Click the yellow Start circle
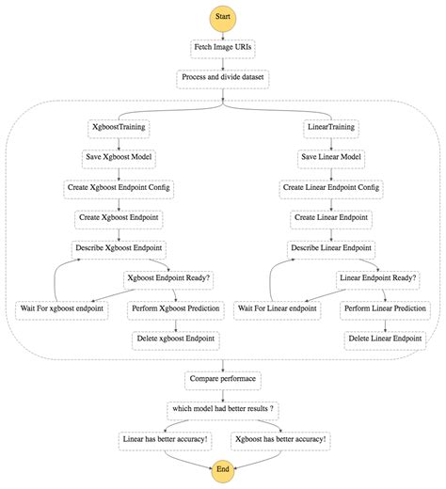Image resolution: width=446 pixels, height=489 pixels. (222, 16)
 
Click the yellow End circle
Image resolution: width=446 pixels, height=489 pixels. (222, 468)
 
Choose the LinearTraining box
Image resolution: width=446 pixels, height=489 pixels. (331, 126)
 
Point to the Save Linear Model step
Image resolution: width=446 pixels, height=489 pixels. (331, 157)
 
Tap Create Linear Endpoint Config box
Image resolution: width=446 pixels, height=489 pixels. (331, 187)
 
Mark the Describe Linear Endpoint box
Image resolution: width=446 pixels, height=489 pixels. (331, 248)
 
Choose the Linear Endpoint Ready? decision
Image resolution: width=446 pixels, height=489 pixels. (378, 278)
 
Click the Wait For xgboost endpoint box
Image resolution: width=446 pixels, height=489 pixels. (62, 308)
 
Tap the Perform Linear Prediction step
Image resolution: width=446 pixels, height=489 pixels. (382, 308)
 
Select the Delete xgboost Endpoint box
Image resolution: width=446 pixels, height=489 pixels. (174, 339)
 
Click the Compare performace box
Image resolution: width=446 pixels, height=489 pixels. (222, 379)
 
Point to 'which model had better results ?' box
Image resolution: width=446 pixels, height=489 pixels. (222, 409)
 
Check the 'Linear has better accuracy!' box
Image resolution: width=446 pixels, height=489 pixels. (166, 439)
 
